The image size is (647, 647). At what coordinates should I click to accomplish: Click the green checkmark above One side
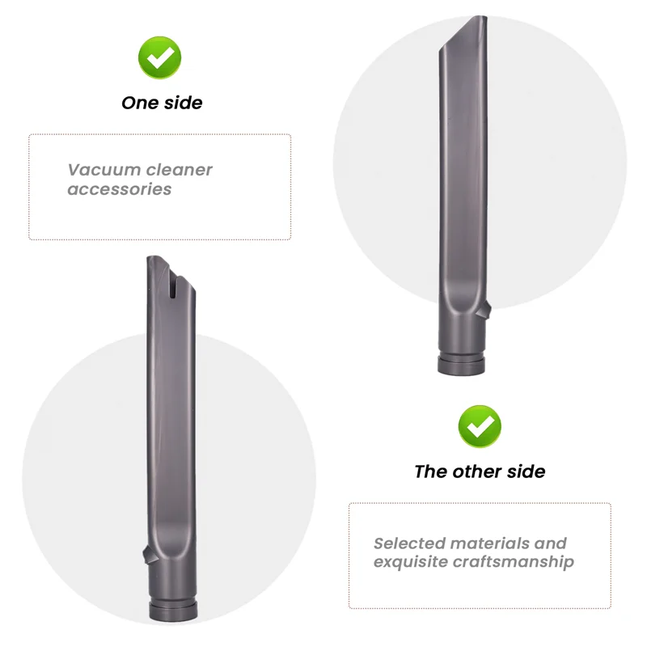[x=160, y=57]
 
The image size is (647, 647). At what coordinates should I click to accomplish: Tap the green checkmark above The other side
[x=480, y=426]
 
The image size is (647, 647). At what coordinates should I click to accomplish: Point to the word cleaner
[x=180, y=170]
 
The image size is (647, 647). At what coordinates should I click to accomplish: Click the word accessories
[x=119, y=189]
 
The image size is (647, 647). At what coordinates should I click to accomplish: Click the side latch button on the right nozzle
[x=488, y=308]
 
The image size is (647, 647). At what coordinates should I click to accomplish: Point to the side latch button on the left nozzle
[x=146, y=556]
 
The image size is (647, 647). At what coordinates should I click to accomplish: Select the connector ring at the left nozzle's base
[x=171, y=611]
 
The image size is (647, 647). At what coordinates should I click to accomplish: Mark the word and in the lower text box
[x=551, y=543]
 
